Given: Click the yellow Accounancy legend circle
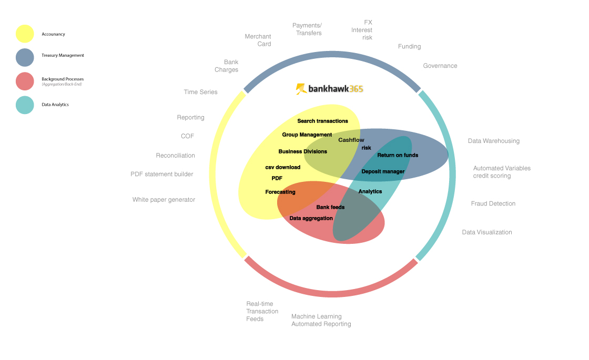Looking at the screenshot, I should [x=25, y=34].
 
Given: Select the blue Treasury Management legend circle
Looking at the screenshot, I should [x=25, y=57].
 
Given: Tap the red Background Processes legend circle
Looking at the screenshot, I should [x=25, y=81].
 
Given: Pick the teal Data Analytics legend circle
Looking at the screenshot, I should [x=25, y=105].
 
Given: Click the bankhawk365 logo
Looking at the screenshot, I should [x=329, y=89].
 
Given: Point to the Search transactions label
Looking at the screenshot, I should [x=322, y=121].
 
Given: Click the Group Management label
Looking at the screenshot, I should [x=307, y=135].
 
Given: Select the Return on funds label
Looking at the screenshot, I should [x=398, y=155].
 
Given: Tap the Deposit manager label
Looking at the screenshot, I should [x=383, y=171].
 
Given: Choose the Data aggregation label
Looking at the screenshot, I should [x=311, y=218].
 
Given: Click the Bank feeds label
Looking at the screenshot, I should [x=330, y=207].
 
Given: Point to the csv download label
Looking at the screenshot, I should [x=282, y=168].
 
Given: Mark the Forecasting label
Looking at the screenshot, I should [x=280, y=192].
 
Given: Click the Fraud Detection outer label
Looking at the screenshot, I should [x=493, y=203].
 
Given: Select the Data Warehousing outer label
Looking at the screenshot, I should [x=493, y=141].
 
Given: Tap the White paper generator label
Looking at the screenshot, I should [x=164, y=200].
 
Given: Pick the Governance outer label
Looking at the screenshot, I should [x=440, y=66].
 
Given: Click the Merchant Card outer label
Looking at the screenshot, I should [x=258, y=40].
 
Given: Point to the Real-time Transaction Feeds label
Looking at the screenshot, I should [x=262, y=311].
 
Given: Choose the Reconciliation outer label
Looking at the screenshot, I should [x=175, y=156].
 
